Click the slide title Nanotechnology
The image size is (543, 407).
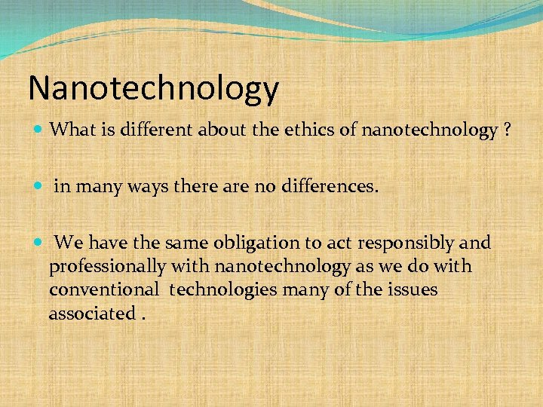[x=153, y=89]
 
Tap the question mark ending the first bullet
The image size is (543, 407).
[x=508, y=130]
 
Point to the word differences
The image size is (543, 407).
[x=334, y=186]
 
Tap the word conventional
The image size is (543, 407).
[x=104, y=289]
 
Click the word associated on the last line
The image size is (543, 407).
[x=91, y=313]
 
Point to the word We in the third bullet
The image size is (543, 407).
[x=69, y=243]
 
